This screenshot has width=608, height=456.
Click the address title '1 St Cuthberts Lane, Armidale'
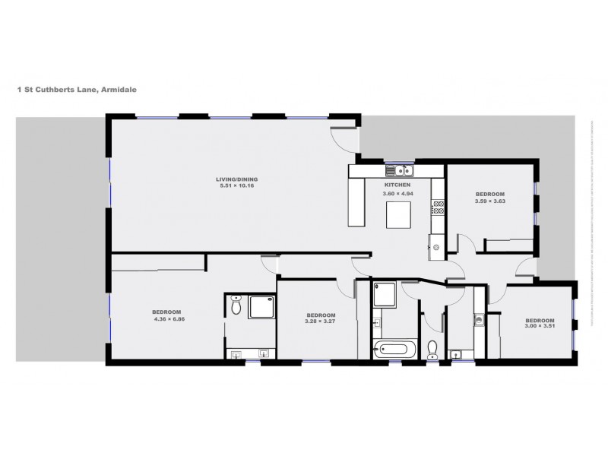(x=77, y=89)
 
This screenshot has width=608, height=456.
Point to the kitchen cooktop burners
(x=437, y=205)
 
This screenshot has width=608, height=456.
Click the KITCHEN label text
(x=397, y=185)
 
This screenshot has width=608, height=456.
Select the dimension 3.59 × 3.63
(x=489, y=201)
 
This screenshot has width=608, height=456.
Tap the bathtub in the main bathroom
(x=394, y=350)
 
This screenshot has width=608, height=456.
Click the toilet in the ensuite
(x=236, y=306)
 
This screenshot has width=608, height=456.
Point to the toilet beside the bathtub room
(x=432, y=350)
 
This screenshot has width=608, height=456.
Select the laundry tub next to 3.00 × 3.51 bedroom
(x=479, y=320)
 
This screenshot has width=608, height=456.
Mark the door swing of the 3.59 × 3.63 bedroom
(x=465, y=245)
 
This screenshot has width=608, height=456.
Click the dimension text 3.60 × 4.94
(x=397, y=194)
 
